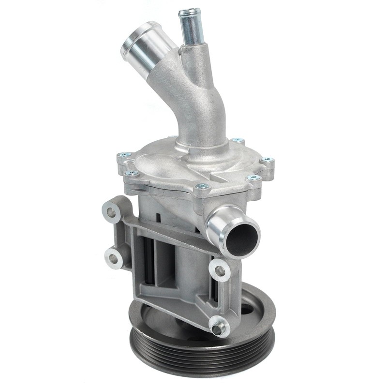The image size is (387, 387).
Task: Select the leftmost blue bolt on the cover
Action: pyautogui.click(x=124, y=155)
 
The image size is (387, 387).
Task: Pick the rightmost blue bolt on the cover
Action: pyautogui.click(x=267, y=159)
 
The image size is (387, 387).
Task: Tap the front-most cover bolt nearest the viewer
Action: pyautogui.click(x=203, y=186)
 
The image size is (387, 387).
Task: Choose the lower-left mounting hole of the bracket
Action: pyautogui.click(x=114, y=259)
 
